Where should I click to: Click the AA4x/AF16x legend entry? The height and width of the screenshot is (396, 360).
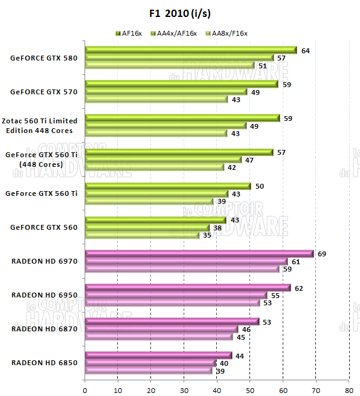(175, 33)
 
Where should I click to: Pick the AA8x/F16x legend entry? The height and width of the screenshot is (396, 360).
(226, 33)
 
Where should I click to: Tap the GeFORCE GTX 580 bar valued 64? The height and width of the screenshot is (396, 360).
(191, 50)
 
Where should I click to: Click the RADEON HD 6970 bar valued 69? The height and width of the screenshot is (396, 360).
(199, 254)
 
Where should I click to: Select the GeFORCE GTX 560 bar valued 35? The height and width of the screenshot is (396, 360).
(143, 235)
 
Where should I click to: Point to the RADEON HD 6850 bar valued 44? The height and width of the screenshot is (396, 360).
(158, 355)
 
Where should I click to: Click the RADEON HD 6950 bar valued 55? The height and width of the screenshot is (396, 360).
(176, 295)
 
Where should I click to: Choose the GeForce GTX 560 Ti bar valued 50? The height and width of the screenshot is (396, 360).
(168, 186)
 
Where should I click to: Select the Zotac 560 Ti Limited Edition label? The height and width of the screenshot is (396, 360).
(41, 126)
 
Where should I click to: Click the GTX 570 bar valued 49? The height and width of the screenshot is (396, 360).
(166, 92)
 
